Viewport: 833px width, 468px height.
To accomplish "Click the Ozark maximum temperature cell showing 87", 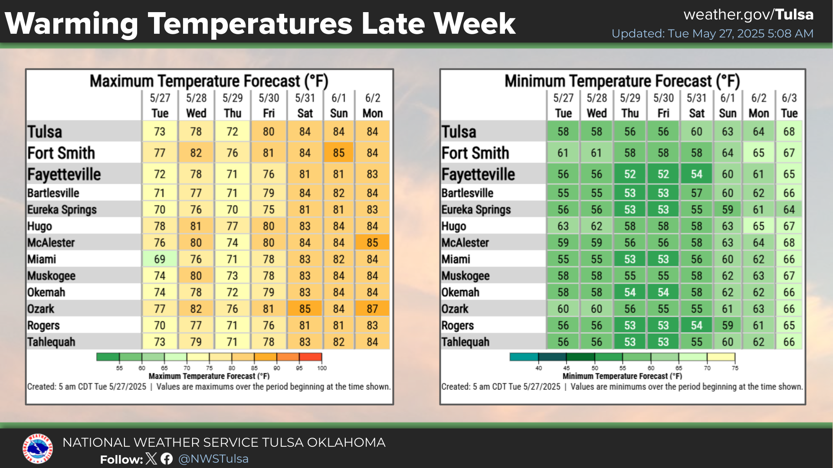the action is pos(372,309).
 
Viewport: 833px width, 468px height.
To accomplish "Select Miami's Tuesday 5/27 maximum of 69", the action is pos(160,259).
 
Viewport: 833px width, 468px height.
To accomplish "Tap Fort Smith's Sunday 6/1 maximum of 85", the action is pos(338,153).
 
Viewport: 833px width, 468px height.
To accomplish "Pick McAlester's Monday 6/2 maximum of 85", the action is pos(372,243).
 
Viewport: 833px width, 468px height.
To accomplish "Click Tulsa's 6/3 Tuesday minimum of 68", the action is pos(789,132).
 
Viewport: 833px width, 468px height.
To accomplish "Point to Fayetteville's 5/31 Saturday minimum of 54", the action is pos(696,174).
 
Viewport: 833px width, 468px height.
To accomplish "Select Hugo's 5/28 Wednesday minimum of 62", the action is pos(597,226).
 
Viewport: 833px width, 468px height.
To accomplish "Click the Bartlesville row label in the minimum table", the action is pos(467,193).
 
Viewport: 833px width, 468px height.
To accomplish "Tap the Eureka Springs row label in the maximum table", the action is pos(62,210).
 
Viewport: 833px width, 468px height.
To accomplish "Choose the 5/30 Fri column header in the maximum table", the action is pos(269,105).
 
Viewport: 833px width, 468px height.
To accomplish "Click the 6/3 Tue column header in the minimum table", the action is pos(789,105).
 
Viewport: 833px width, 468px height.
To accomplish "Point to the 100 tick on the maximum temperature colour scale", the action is pos(322,368).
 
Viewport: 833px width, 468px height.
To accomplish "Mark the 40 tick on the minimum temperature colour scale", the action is pos(538,368).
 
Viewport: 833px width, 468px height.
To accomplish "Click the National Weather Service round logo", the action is pos(38,448).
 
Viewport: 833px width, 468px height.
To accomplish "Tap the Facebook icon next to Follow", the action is pos(167,458).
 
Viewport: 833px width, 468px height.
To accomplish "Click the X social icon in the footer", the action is pos(151,458).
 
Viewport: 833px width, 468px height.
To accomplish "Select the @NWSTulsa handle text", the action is pos(213,458).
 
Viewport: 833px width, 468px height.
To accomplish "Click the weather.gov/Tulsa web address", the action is pos(748,15).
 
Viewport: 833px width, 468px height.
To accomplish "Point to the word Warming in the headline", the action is pos(72,24).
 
